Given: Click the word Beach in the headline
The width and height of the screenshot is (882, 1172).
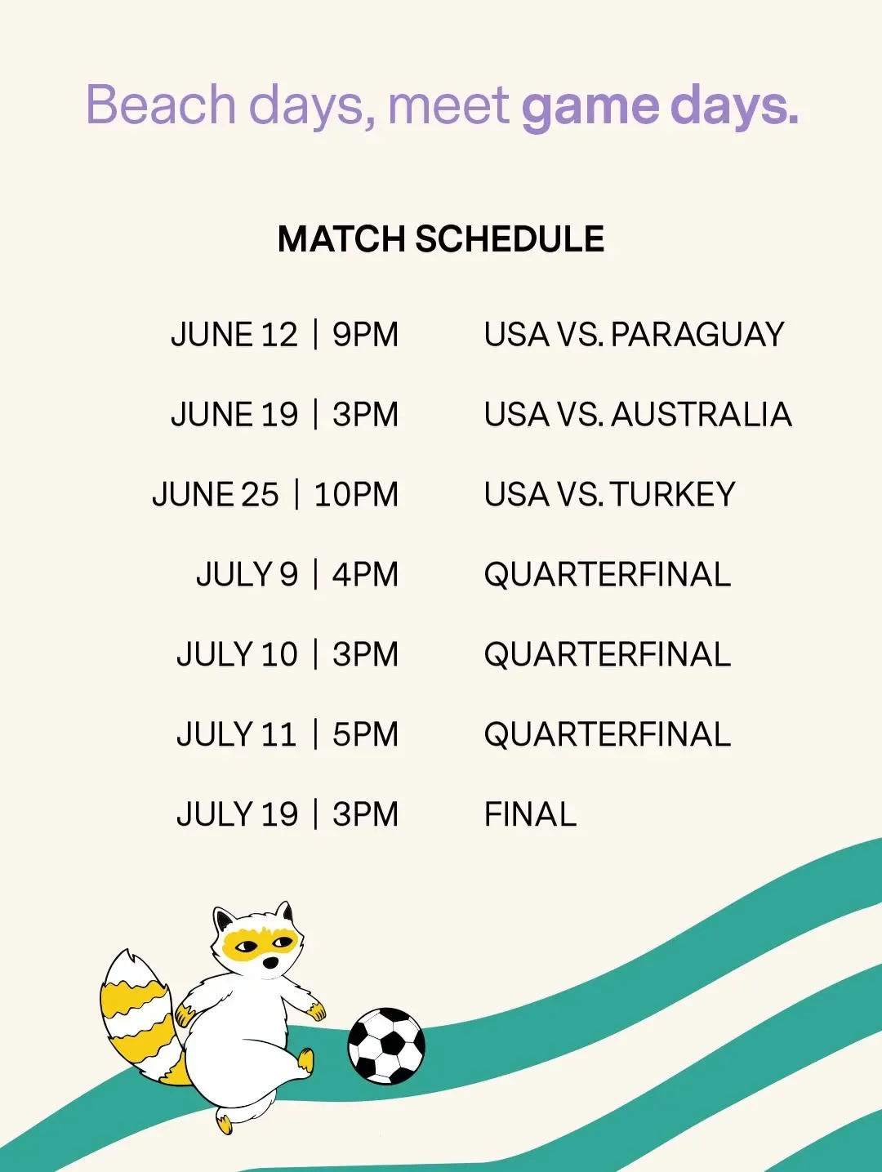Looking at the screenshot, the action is pyautogui.click(x=161, y=103).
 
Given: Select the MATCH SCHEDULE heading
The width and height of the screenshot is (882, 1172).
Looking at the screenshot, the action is pyautogui.click(x=441, y=238).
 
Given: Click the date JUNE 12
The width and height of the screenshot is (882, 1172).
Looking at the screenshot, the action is pyautogui.click(x=234, y=335).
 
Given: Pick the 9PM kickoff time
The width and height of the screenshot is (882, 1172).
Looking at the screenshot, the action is pyautogui.click(x=365, y=335).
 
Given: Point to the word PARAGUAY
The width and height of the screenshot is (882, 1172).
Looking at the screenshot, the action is pyautogui.click(x=697, y=335).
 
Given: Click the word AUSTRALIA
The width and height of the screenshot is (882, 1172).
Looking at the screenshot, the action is pyautogui.click(x=702, y=415).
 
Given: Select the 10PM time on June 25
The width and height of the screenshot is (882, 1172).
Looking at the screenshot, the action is pyautogui.click(x=356, y=494).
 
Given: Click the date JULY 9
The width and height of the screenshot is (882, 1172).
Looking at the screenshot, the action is pyautogui.click(x=247, y=574).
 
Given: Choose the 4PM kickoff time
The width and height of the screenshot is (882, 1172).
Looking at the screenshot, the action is pyautogui.click(x=365, y=574).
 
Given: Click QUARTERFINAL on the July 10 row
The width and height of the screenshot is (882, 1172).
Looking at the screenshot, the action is pyautogui.click(x=608, y=655).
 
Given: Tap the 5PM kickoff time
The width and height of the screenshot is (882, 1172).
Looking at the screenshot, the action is pyautogui.click(x=365, y=734).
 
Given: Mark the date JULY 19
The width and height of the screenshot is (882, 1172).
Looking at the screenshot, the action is pyautogui.click(x=237, y=814).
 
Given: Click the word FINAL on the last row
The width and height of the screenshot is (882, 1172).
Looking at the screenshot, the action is pyautogui.click(x=530, y=814).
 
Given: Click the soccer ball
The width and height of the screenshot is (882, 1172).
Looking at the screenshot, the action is pyautogui.click(x=386, y=1046).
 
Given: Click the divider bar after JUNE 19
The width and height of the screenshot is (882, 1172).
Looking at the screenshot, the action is pyautogui.click(x=315, y=415).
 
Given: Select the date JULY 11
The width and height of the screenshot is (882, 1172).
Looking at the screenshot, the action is pyautogui.click(x=237, y=734).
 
